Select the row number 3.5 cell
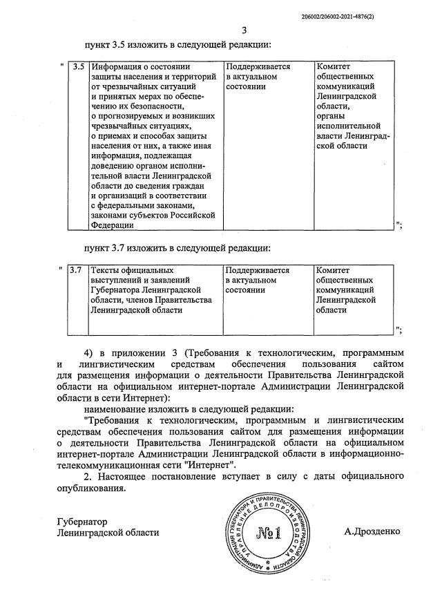[78, 67]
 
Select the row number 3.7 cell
[76, 271]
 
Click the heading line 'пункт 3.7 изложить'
[177, 247]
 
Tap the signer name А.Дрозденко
[372, 532]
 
